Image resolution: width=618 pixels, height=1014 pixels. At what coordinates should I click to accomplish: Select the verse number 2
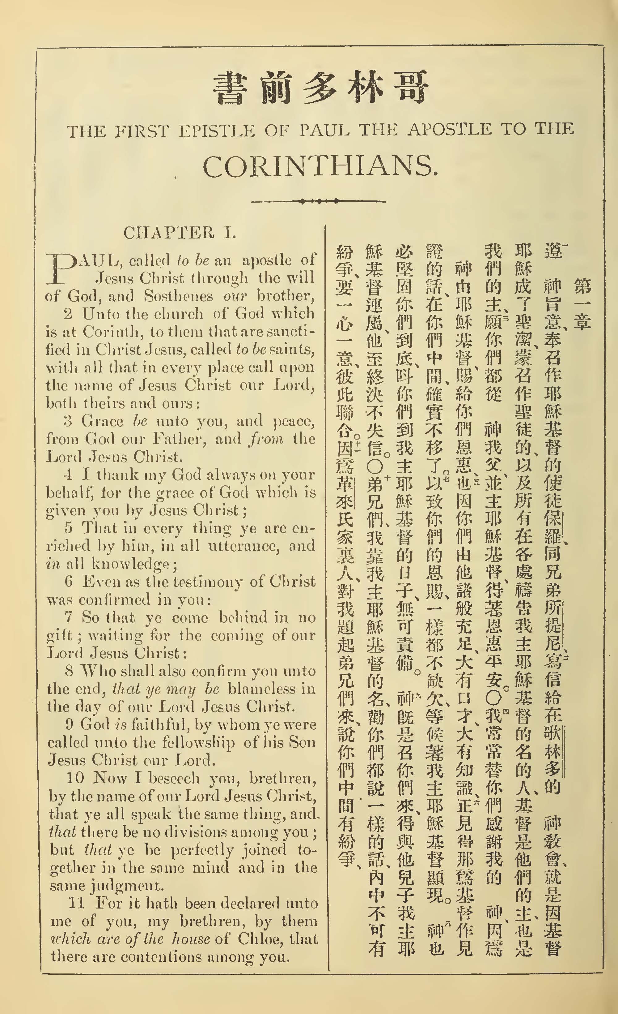[x=68, y=314]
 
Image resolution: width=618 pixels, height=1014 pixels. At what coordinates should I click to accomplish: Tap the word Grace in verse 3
[x=102, y=421]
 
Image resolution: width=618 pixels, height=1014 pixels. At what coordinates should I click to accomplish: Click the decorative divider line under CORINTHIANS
[x=318, y=202]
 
